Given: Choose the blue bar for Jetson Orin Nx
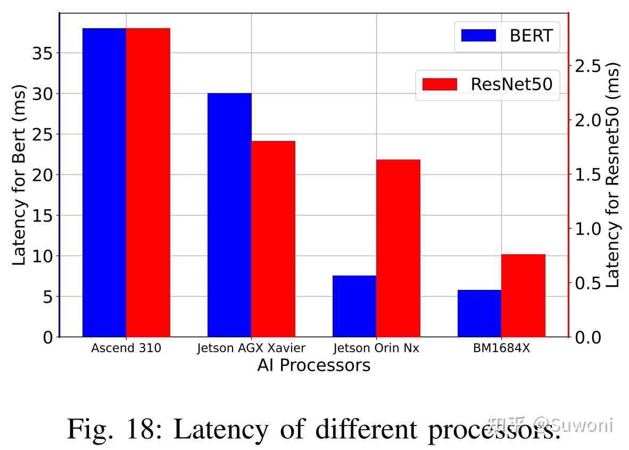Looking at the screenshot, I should coord(354,306).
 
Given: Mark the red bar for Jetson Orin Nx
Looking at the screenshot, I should coord(398,248).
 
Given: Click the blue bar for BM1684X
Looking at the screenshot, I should coord(479,313).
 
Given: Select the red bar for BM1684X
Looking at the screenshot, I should coord(523,295).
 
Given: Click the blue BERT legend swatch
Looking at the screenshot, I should coord(478,36).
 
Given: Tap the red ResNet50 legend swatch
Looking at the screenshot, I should coord(440,84).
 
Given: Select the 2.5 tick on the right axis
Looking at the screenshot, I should coord(587,66).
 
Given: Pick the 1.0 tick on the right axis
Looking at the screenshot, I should coord(587,229).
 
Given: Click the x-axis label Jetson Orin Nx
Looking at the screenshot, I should coord(376,348).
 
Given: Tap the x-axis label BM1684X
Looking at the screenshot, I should coord(501,348).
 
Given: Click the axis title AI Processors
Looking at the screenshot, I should coord(313,365).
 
